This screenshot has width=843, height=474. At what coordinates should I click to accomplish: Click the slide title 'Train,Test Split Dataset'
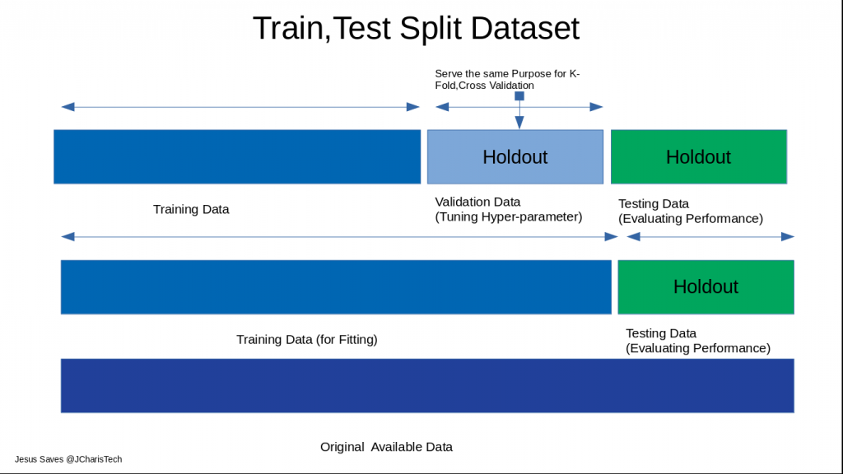point(416,29)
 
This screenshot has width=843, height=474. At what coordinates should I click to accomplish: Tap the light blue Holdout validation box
point(515,156)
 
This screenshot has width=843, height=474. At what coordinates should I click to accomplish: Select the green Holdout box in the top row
point(698,156)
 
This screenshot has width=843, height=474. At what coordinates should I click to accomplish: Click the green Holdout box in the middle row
point(706,286)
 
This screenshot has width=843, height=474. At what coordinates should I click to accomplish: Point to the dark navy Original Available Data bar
point(426,385)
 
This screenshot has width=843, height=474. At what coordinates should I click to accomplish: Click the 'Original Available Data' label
point(386,447)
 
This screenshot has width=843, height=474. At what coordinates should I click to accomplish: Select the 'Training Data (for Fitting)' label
point(306,339)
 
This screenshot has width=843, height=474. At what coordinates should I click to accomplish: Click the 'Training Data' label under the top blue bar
point(191,209)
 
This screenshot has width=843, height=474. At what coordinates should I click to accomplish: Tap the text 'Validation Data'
point(477,202)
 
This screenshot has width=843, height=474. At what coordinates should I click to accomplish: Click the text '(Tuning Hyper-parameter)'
point(508,217)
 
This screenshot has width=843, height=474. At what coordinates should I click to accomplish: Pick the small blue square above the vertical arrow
point(519,96)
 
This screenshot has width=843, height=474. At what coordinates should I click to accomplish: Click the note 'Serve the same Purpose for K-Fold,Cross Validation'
point(506,79)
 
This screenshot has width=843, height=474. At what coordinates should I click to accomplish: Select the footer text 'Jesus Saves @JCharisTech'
point(68,459)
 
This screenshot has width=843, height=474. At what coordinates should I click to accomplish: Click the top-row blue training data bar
point(237,156)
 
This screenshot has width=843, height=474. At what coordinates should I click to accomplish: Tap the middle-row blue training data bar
point(336,286)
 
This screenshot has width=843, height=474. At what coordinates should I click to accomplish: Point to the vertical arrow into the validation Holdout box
point(519,114)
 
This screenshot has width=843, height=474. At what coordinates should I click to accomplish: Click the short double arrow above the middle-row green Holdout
point(710,237)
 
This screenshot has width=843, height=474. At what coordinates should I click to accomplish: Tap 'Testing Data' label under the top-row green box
point(653,203)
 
